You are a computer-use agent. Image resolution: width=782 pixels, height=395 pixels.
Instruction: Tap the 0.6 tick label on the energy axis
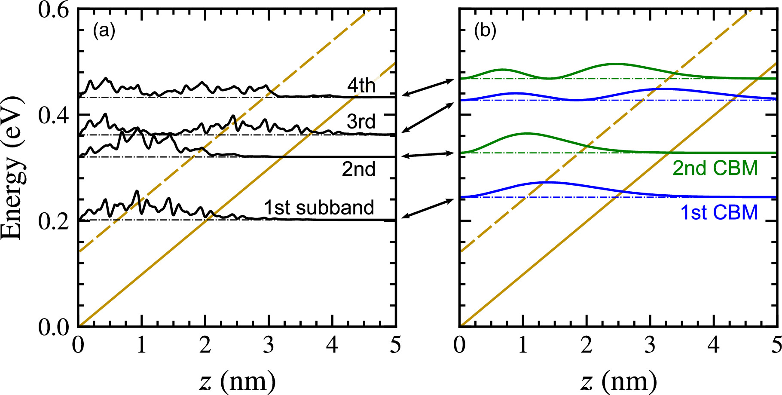pos(53,9)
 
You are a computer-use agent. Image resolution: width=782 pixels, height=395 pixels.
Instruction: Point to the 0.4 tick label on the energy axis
pos(53,115)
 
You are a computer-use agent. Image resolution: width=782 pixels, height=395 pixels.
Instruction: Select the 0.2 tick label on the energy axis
pos(53,221)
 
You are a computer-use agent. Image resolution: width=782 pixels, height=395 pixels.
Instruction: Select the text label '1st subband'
pos(319,208)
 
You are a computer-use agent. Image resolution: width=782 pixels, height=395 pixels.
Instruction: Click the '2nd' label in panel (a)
pos(358,169)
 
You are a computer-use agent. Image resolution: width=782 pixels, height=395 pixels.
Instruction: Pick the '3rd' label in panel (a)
pos(361,122)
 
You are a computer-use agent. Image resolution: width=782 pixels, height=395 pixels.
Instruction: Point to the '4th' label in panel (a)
pos(361,86)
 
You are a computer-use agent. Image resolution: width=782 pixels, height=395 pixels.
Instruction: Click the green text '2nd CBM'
pos(715,168)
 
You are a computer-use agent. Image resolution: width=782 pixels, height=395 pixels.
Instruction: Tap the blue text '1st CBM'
pos(719,212)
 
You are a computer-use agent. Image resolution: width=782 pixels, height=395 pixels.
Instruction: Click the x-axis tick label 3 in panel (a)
pos(269,345)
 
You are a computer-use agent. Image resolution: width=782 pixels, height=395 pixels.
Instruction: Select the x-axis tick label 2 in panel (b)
pos(586,345)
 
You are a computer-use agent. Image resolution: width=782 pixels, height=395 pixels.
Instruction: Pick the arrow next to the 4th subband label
pos(428,87)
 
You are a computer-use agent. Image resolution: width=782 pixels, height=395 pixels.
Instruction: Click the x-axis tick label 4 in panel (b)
pos(714,345)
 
